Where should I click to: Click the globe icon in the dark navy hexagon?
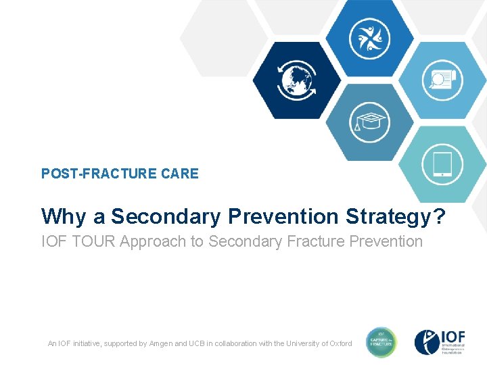(x=296, y=80)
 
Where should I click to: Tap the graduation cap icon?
(x=370, y=122)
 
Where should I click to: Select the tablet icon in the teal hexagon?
(x=442, y=164)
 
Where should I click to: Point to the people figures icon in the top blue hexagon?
(x=369, y=38)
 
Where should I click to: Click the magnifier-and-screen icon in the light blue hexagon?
(x=442, y=80)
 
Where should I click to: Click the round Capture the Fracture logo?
(x=381, y=343)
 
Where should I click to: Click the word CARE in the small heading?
(x=180, y=174)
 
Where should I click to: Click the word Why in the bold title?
(x=64, y=216)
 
